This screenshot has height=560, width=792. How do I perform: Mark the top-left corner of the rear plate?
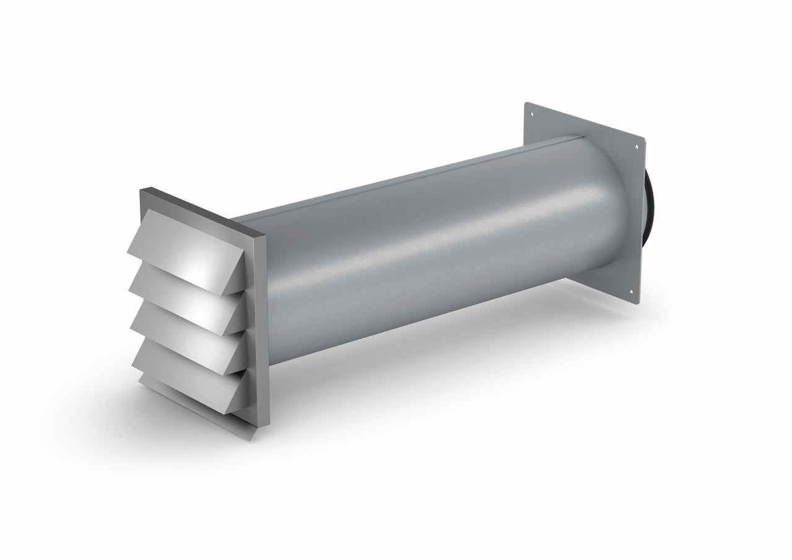coord(526,103)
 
